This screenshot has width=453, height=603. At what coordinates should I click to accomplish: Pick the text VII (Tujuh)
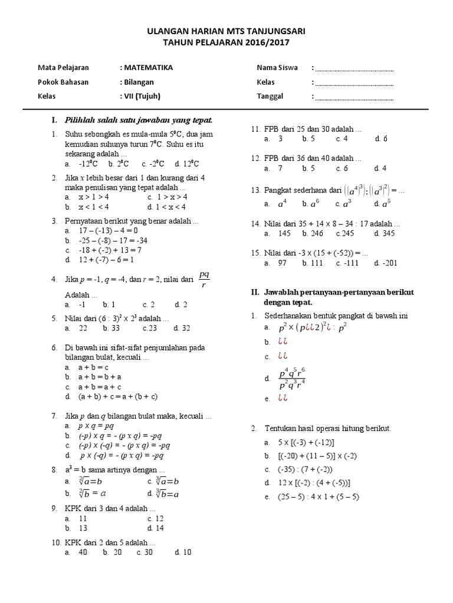pyautogui.click(x=141, y=96)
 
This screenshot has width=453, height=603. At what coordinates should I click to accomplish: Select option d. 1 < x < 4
pyautogui.click(x=167, y=207)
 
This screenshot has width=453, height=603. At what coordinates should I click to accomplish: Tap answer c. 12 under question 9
pyautogui.click(x=156, y=519)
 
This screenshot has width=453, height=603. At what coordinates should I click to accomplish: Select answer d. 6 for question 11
pyautogui.click(x=381, y=138)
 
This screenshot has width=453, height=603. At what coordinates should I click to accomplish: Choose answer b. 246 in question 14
pyautogui.click(x=313, y=233)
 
